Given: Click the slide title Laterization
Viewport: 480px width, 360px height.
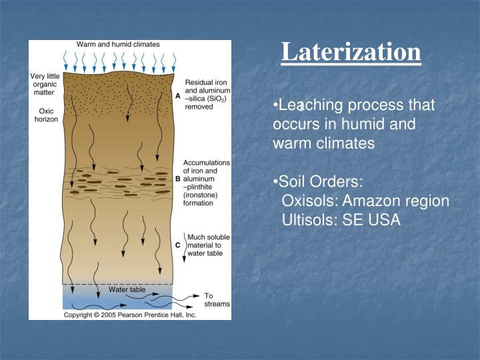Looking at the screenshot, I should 351,52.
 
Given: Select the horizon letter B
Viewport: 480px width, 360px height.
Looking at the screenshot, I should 177,179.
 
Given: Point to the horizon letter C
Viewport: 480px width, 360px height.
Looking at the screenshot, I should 177,245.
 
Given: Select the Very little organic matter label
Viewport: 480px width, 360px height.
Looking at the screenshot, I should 45,84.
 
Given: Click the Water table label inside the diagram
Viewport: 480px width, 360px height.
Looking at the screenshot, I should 127,289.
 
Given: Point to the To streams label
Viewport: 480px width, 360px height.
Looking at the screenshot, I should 217,299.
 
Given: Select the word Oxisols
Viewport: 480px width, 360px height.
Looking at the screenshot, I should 311,201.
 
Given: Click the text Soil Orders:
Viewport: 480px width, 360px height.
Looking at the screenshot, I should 318,182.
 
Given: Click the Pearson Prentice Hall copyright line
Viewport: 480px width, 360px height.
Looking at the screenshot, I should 129,314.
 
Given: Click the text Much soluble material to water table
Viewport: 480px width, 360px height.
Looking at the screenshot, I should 208,245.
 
